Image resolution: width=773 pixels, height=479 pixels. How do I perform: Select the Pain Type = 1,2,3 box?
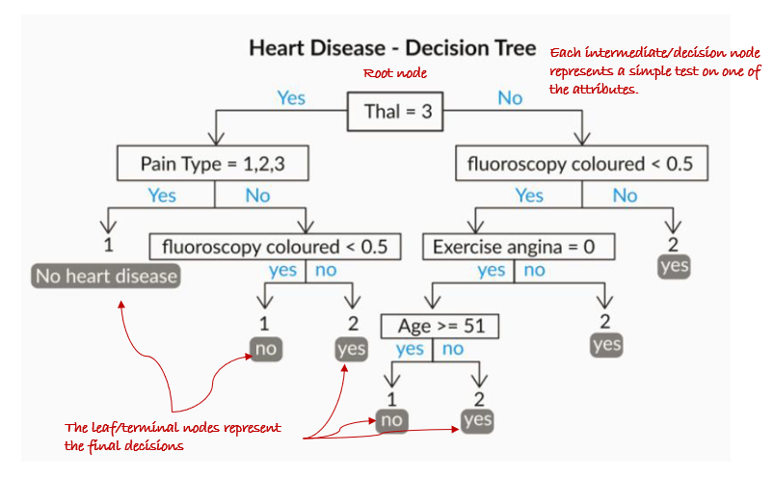pyautogui.click(x=212, y=163)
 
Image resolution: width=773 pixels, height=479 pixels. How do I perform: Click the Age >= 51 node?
pyautogui.click(x=440, y=326)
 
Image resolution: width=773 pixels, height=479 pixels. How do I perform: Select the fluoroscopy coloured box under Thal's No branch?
pyautogui.click(x=580, y=163)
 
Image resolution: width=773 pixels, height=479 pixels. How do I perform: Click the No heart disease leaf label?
pyautogui.click(x=107, y=277)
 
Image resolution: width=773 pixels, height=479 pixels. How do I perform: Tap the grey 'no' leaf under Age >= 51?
pyautogui.click(x=391, y=419)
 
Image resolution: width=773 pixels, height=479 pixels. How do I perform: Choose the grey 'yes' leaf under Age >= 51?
pyautogui.click(x=476, y=419)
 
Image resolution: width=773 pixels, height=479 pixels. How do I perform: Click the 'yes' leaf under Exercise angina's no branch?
pyautogui.click(x=607, y=344)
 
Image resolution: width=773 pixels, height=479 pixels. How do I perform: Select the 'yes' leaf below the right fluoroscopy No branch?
pyautogui.click(x=675, y=265)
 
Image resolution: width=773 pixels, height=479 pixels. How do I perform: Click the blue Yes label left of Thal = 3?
pyautogui.click(x=291, y=97)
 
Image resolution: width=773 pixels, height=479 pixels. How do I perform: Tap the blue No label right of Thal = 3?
pyautogui.click(x=510, y=97)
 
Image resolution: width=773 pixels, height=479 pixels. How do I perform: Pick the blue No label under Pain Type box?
pyautogui.click(x=257, y=196)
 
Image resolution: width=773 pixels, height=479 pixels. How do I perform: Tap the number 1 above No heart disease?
pyautogui.click(x=109, y=245)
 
